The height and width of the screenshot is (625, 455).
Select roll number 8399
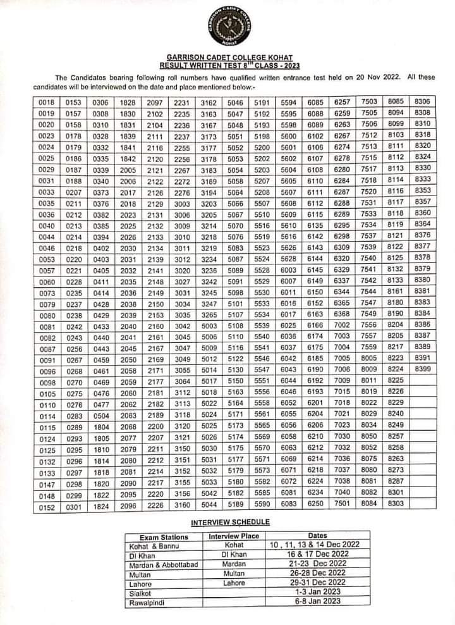(x=423, y=368)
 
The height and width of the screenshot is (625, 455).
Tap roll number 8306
(x=423, y=101)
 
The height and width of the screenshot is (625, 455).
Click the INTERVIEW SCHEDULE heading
(x=230, y=522)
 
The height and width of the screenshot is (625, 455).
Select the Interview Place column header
(x=234, y=536)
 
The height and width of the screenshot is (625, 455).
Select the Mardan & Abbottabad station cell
(x=162, y=564)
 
